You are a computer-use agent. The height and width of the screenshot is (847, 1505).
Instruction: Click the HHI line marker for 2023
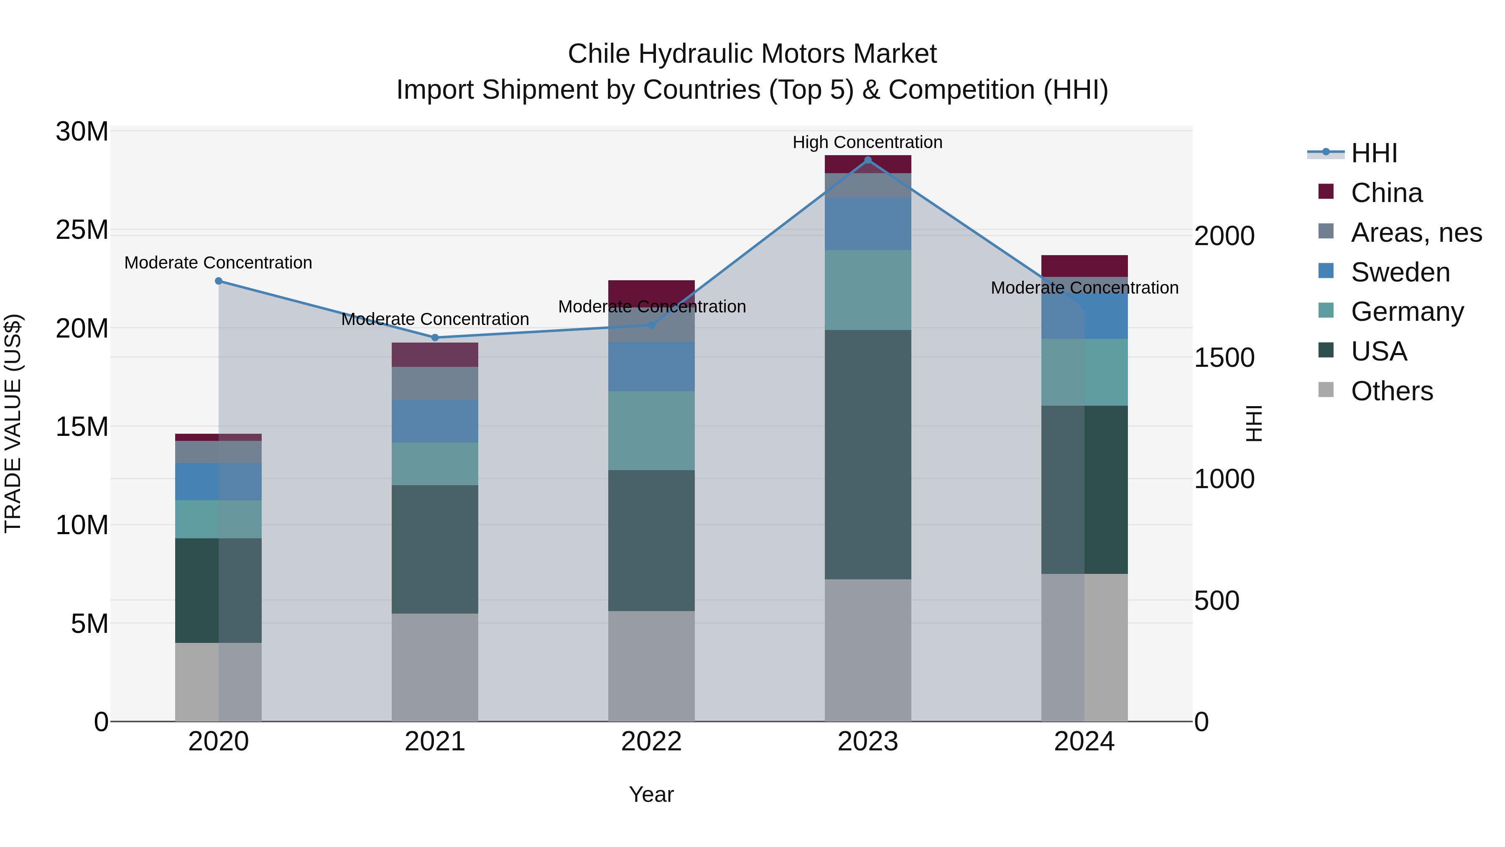click(x=867, y=160)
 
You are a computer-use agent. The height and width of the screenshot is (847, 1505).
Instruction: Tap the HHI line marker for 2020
click(x=219, y=281)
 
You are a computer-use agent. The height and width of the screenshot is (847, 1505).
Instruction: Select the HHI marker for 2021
click(x=435, y=338)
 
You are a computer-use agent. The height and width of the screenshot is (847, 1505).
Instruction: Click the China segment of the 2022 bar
click(x=651, y=293)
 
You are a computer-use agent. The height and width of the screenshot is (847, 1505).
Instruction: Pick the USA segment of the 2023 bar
click(x=867, y=454)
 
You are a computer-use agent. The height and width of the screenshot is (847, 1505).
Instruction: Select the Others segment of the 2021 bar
click(x=435, y=667)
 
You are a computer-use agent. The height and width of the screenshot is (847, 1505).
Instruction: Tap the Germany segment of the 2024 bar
click(x=1084, y=372)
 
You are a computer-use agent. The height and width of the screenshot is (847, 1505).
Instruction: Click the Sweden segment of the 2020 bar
click(x=219, y=482)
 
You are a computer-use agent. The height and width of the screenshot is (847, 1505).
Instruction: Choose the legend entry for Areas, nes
click(x=1416, y=233)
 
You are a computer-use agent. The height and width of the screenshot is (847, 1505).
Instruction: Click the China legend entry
click(x=1386, y=193)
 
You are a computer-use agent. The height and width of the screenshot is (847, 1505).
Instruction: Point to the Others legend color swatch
click(x=1326, y=390)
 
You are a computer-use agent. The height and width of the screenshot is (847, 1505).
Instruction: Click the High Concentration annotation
click(x=867, y=142)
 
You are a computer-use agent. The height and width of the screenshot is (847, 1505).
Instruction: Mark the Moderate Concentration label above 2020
click(x=219, y=263)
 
